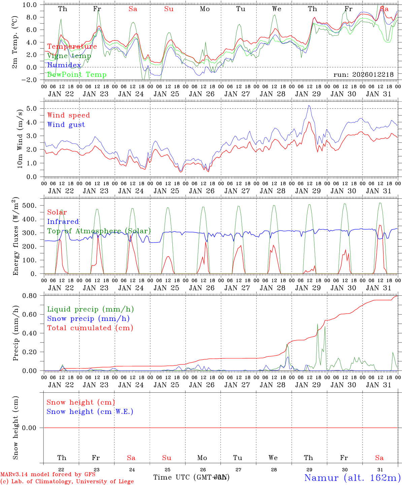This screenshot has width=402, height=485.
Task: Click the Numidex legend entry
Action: point(64,65)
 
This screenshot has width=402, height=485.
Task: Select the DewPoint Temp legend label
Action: point(77,75)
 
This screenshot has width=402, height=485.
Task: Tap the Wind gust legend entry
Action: point(66,125)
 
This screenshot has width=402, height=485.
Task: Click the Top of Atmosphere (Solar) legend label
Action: point(99,231)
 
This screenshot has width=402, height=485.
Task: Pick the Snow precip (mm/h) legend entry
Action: point(88,319)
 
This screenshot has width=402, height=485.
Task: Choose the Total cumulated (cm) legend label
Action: point(90,328)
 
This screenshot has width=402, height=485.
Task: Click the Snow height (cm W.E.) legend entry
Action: point(90,412)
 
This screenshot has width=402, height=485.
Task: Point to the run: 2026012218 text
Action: point(363,75)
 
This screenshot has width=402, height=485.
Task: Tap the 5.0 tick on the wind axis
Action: point(35,108)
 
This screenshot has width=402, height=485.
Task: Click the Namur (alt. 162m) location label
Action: point(352,478)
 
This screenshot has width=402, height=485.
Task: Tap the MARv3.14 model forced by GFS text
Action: point(48,475)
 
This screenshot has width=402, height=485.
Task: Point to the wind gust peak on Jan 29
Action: point(309,105)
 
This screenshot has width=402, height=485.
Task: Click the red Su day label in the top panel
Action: point(169,9)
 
